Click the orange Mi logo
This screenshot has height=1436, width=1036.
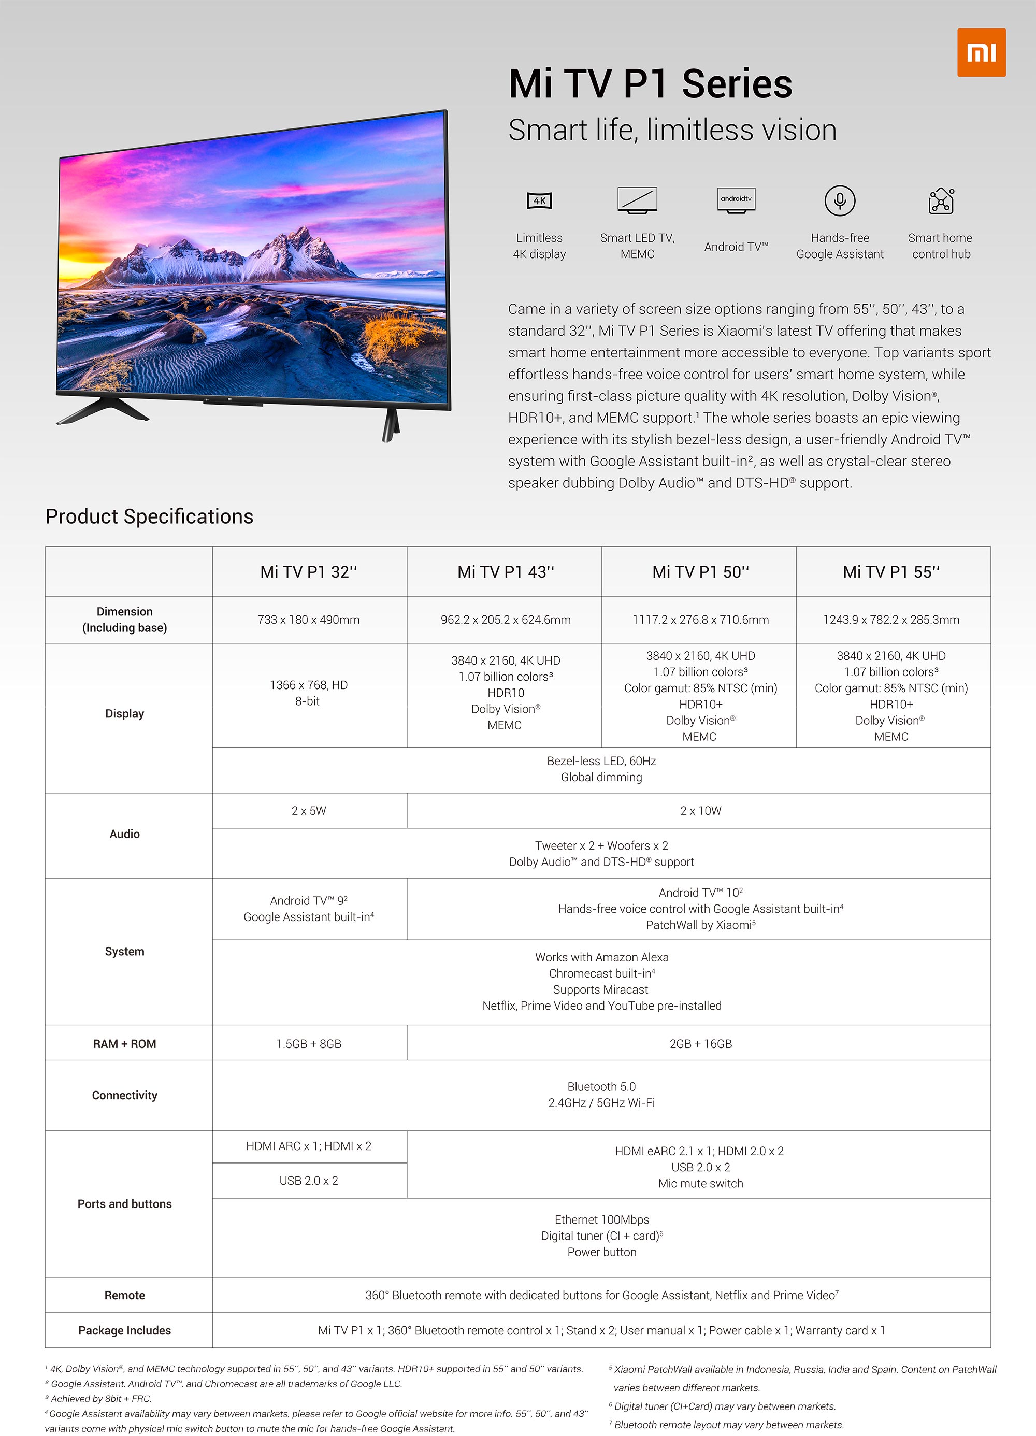[981, 52]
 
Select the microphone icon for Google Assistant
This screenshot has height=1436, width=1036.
[840, 200]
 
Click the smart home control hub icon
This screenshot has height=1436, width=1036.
[941, 200]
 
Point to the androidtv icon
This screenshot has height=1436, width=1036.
[736, 200]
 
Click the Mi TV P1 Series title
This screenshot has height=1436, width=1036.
[651, 84]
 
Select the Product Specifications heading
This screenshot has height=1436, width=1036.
[150, 516]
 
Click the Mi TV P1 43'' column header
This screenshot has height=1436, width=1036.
[506, 572]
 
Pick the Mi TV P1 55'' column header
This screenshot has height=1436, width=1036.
[891, 572]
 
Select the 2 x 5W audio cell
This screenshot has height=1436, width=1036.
[308, 810]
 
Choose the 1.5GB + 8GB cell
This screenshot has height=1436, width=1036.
[308, 1043]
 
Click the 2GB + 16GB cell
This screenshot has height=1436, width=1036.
[700, 1043]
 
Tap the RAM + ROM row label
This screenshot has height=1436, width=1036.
[125, 1043]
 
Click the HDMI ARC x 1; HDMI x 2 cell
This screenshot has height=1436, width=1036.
[308, 1146]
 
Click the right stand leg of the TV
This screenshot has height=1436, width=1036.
[390, 424]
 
